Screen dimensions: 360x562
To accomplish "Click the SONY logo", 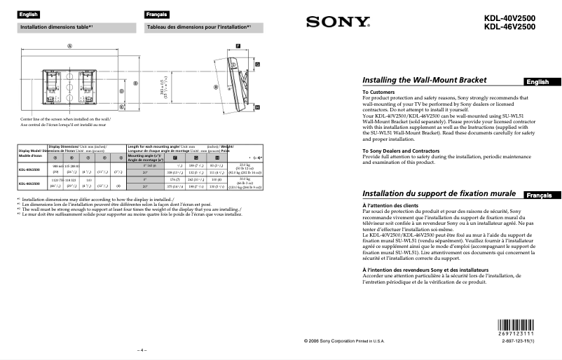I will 337,22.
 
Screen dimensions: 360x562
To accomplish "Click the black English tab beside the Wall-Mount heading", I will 538,82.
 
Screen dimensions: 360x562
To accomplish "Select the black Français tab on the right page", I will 538,194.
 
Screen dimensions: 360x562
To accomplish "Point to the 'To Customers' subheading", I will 378,92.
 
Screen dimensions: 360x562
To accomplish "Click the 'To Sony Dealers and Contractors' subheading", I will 400,151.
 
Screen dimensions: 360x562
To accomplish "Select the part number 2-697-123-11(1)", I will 523,340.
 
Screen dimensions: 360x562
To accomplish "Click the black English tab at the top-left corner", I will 29,14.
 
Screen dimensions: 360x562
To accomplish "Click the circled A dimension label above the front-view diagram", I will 69,46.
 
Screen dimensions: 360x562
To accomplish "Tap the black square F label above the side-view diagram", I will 238,46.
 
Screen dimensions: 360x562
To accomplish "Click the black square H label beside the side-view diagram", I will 257,107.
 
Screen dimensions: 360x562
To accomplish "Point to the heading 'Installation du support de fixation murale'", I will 439,193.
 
